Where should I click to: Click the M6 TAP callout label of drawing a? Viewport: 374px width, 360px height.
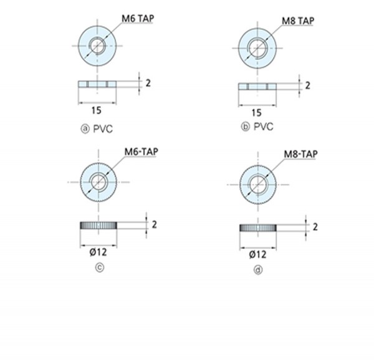[138, 19]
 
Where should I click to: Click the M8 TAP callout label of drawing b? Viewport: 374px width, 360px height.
[298, 21]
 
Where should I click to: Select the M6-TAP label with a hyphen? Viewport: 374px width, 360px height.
[141, 152]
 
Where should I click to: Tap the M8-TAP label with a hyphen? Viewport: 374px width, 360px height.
[301, 154]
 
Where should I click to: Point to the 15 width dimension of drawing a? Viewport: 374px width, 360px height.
[97, 110]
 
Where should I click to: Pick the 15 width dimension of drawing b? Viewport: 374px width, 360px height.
[257, 112]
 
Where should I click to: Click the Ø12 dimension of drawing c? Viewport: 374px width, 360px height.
[98, 252]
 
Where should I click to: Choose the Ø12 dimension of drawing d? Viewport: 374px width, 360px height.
[257, 255]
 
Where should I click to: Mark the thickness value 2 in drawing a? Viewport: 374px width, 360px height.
[148, 83]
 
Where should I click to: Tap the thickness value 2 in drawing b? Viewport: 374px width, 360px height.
[308, 85]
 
